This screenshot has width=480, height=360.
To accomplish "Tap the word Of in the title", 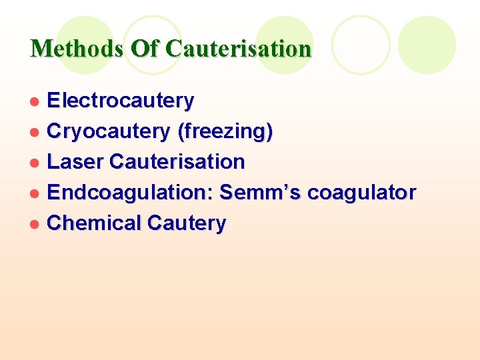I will coord(145,49).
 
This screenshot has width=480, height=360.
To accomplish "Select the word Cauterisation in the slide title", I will coord(239,49).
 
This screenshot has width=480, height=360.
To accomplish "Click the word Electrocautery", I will coord(121,101).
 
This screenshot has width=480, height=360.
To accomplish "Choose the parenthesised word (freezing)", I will coord(225,132).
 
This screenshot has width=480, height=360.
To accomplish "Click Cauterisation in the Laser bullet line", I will coord(177,162).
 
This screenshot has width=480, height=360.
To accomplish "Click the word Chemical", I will coord(94,223).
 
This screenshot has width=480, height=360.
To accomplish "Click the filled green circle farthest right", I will coord(427,45).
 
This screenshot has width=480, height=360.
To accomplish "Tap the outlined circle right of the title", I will coord(361,45).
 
